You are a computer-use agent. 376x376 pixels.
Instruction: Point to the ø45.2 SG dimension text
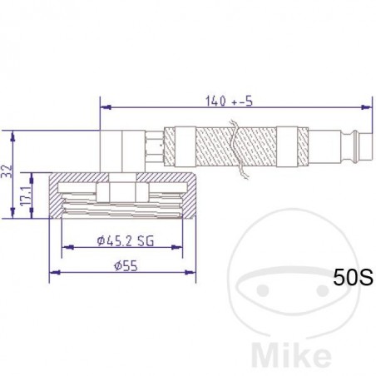(x=126, y=241)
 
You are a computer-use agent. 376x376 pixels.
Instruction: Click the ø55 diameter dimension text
(x=124, y=265)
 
